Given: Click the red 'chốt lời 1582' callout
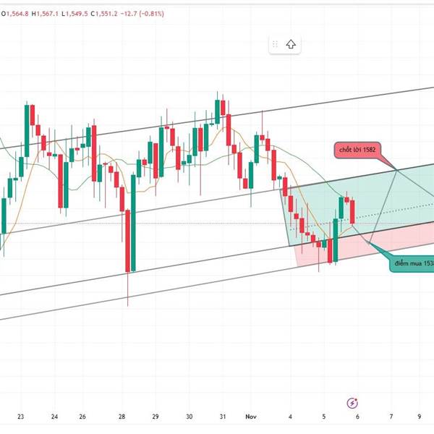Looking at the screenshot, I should click(356, 150).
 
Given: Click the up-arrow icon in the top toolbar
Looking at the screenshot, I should click(291, 44).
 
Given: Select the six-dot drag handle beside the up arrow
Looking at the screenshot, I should click(275, 44).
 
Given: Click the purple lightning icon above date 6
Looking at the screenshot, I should click(352, 401).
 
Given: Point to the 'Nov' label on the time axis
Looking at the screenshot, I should click(251, 417).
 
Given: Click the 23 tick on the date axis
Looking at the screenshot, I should click(21, 417).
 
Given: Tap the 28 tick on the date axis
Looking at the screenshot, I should click(122, 417).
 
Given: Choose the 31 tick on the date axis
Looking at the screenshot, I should click(223, 417).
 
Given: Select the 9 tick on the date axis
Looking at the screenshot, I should click(420, 417).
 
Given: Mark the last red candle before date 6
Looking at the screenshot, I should click(352, 211).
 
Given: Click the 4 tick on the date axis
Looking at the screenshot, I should click(290, 417).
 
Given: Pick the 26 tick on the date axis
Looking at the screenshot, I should click(82, 417).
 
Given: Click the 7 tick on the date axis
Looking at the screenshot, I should click(391, 417).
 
